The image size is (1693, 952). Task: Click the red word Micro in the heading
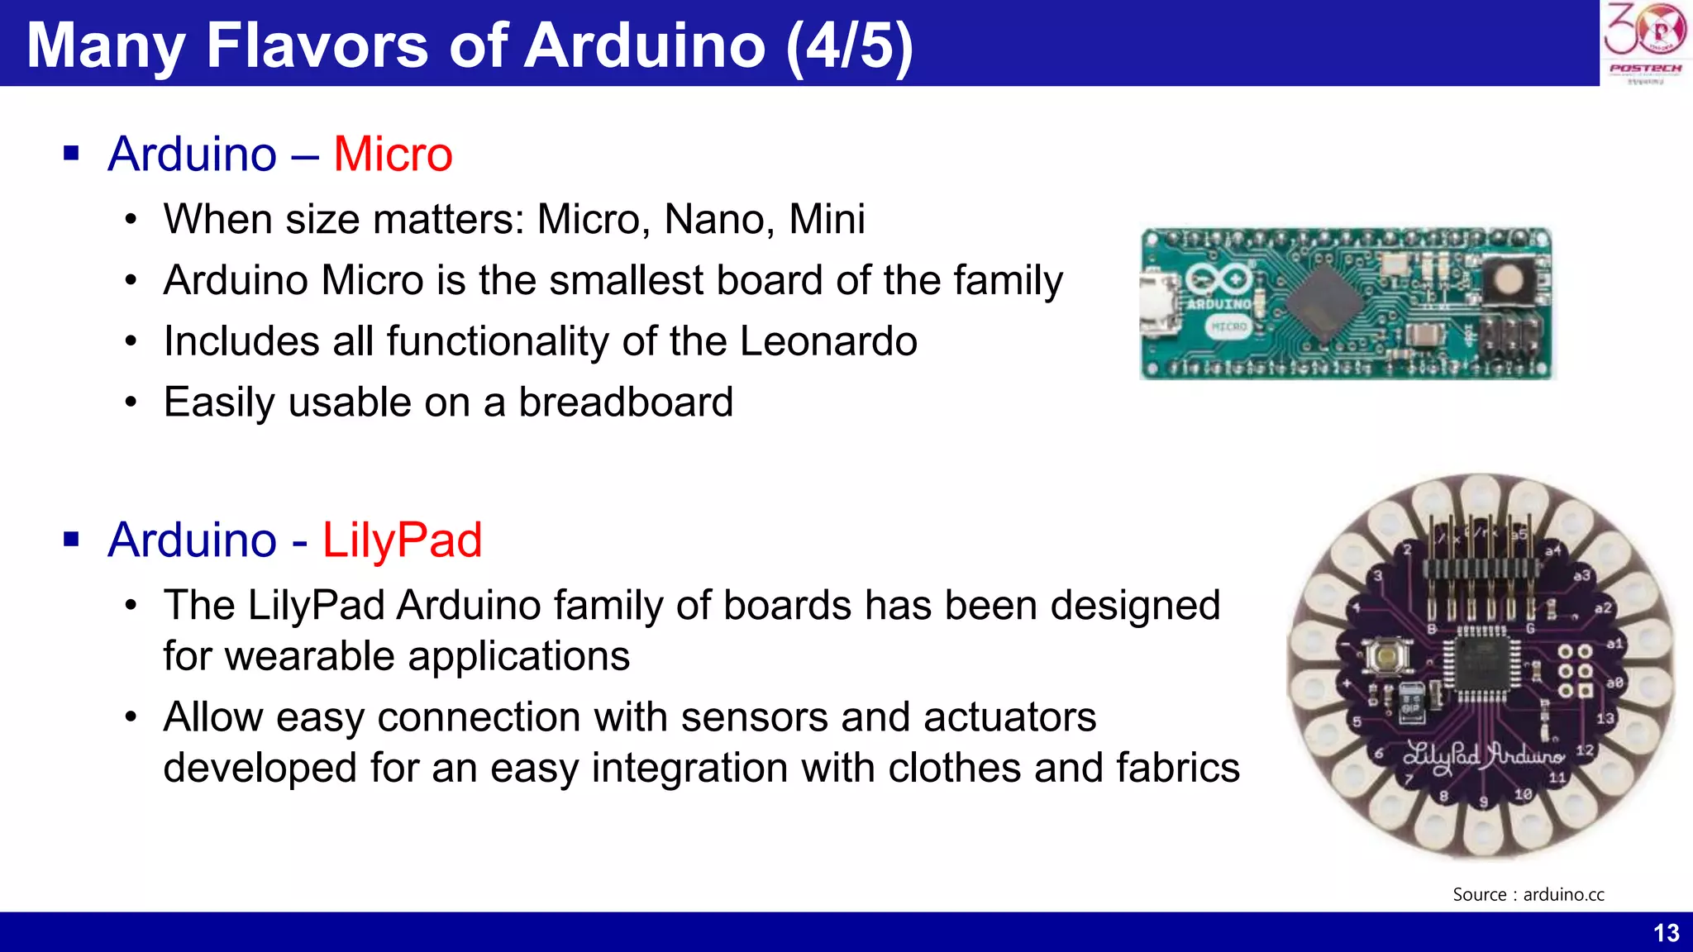393,155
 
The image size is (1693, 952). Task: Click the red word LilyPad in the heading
402,540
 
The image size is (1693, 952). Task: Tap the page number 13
1666,933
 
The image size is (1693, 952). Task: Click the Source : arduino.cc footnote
1528,894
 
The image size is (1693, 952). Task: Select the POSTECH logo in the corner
1645,41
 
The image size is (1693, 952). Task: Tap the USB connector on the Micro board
1157,305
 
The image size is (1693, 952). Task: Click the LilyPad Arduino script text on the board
1484,756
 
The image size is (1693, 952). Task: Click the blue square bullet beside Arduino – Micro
71,154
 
